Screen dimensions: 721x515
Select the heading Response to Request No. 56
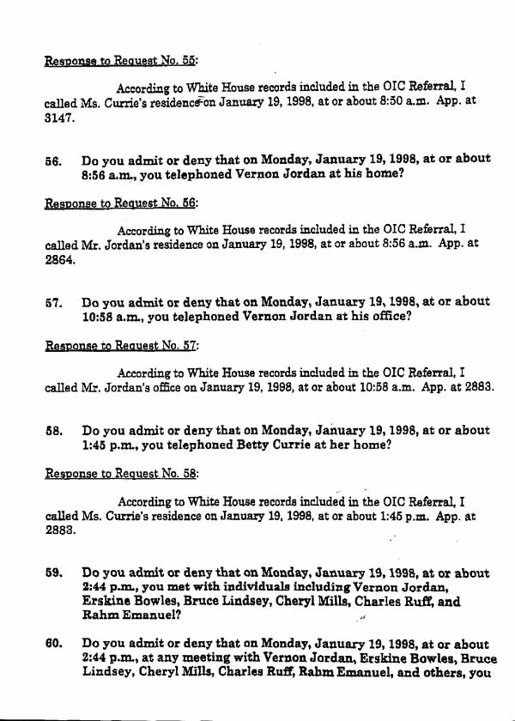pos(121,205)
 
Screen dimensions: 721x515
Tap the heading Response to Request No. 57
pos(121,349)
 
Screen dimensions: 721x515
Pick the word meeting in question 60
pos(185,659)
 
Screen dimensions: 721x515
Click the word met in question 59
pos(174,588)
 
